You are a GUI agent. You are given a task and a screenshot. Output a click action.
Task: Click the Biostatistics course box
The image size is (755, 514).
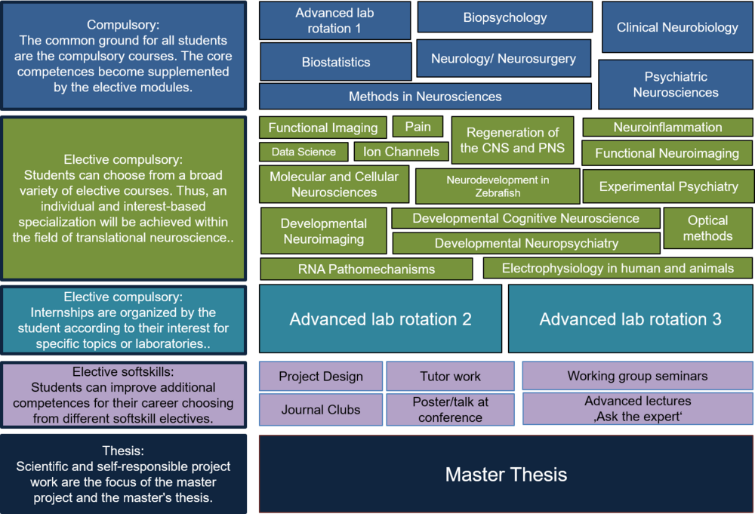click(x=335, y=62)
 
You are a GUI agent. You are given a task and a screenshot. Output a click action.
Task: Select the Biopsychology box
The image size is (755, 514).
click(x=504, y=17)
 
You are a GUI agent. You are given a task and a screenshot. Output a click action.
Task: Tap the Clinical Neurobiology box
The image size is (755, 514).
click(x=676, y=27)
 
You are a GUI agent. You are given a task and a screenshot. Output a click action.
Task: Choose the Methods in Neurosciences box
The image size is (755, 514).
click(x=424, y=97)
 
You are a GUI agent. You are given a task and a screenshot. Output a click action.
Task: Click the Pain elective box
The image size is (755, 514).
click(x=418, y=127)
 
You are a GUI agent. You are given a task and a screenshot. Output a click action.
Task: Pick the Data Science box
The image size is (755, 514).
click(x=304, y=152)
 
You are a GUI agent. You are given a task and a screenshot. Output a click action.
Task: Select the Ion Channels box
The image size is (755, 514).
click(x=400, y=152)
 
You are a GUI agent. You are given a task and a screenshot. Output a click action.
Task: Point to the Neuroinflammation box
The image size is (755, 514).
click(x=667, y=127)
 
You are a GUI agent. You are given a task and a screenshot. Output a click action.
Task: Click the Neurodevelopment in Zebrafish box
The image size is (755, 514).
click(x=497, y=186)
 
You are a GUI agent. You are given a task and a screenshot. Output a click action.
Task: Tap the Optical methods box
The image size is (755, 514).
click(x=707, y=228)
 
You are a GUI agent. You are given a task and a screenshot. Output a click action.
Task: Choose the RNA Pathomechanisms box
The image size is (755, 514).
click(x=366, y=269)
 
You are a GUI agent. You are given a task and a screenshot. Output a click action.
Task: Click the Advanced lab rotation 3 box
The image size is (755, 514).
click(x=630, y=319)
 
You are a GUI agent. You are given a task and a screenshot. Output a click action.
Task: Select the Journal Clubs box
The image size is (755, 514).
click(x=321, y=410)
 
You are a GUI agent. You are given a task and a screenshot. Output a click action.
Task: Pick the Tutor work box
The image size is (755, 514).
click(x=450, y=376)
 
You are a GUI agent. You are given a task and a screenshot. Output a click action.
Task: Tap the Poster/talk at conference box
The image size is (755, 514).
click(x=450, y=409)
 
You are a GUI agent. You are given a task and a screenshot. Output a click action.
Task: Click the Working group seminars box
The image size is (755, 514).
click(x=637, y=376)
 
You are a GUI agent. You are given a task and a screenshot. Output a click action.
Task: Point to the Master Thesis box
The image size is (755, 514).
click(x=506, y=474)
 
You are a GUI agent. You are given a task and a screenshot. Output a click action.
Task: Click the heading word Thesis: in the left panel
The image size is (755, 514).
click(x=123, y=451)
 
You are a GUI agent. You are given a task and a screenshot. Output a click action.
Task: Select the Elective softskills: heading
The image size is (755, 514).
click(x=123, y=371)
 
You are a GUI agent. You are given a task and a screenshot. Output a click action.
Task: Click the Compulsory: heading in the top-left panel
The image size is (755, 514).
click(x=123, y=25)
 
